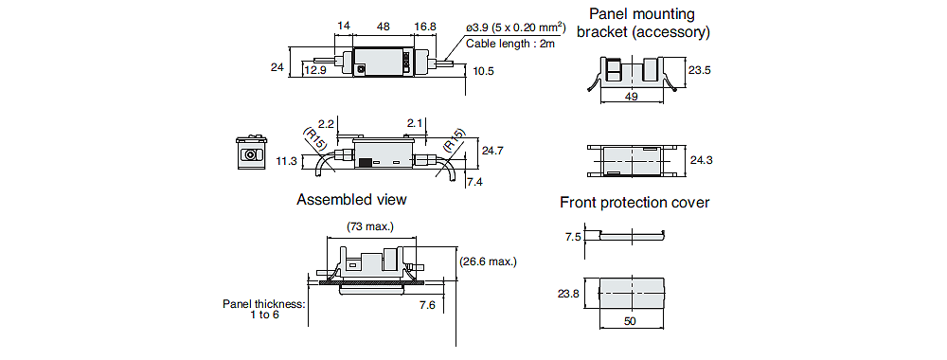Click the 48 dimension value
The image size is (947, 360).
(x=383, y=27)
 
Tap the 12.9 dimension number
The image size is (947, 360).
(x=314, y=71)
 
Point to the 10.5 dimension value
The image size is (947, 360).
(x=483, y=71)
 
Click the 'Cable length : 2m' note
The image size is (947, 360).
(x=510, y=44)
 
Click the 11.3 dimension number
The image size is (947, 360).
(x=286, y=160)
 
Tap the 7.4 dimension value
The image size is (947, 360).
(x=474, y=181)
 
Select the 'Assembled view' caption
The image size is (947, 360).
(x=351, y=199)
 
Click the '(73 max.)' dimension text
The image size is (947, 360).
(x=370, y=227)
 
